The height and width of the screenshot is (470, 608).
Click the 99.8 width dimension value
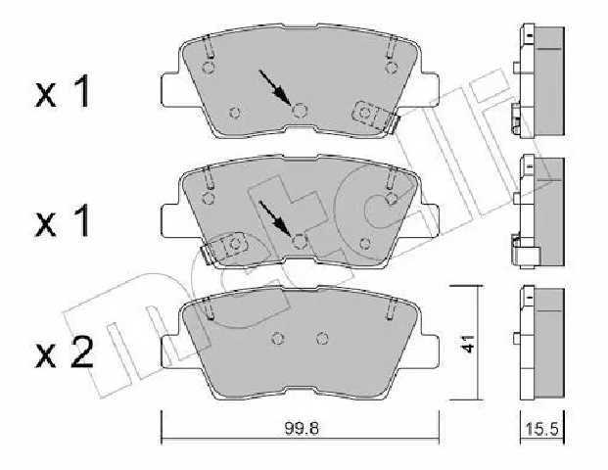pos(302,429)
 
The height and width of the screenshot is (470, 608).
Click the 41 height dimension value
pos(468,343)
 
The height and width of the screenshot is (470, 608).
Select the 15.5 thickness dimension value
pos(541,429)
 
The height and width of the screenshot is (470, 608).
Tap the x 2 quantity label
pos(64,352)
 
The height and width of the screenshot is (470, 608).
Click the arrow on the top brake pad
pos(275,88)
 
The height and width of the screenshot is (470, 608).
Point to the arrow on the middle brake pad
pos(275,218)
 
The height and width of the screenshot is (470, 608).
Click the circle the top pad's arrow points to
pos(300,112)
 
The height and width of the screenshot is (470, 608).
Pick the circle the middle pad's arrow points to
pos(300,242)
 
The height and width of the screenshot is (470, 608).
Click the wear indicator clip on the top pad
pos(375,116)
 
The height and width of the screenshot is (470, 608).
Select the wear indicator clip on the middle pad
pos(224,248)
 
